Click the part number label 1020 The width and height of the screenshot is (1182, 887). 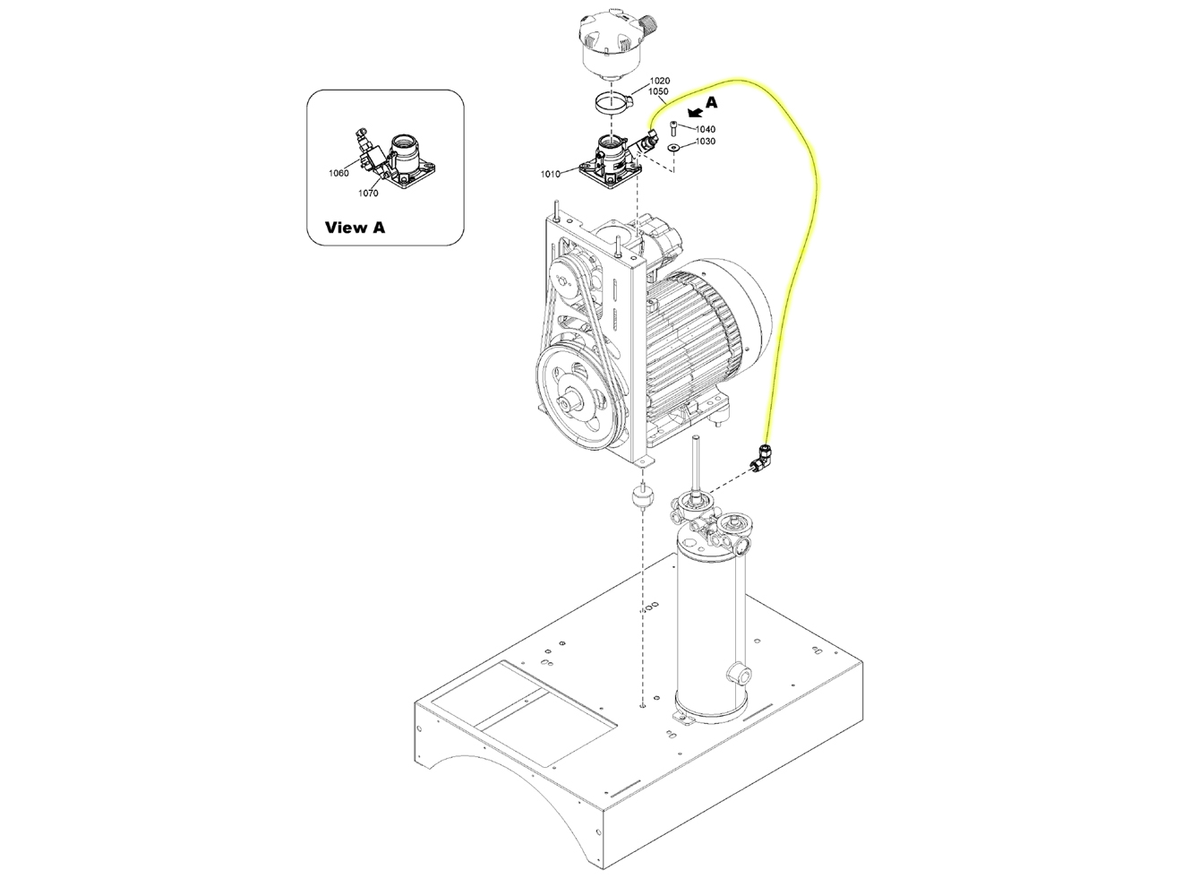660,81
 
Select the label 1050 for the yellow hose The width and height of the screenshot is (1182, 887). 658,91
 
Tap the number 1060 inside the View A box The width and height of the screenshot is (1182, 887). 338,174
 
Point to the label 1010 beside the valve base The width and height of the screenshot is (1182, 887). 551,174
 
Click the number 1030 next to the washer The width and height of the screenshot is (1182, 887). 706,141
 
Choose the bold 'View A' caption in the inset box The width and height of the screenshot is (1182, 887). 355,228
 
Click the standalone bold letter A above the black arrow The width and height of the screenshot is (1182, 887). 711,102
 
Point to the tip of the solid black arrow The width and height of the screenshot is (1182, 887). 689,115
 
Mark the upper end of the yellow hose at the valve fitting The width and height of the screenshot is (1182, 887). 651,130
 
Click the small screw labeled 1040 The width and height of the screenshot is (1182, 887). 673,129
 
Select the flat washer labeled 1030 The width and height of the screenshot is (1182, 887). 672,147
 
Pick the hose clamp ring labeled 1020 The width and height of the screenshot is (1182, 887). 612,101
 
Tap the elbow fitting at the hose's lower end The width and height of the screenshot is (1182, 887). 760,457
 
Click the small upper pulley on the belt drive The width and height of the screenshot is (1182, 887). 566,281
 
